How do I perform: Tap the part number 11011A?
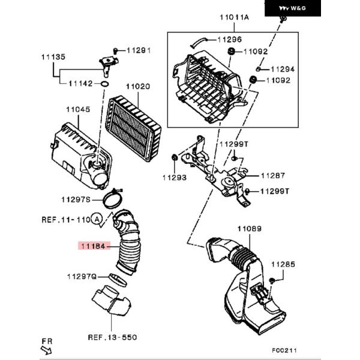235,17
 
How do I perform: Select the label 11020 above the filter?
136,86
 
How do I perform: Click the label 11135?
53,57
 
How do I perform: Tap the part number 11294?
284,69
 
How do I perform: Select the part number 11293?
173,178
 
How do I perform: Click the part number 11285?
283,264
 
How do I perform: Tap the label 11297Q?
82,276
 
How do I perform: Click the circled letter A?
96,220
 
